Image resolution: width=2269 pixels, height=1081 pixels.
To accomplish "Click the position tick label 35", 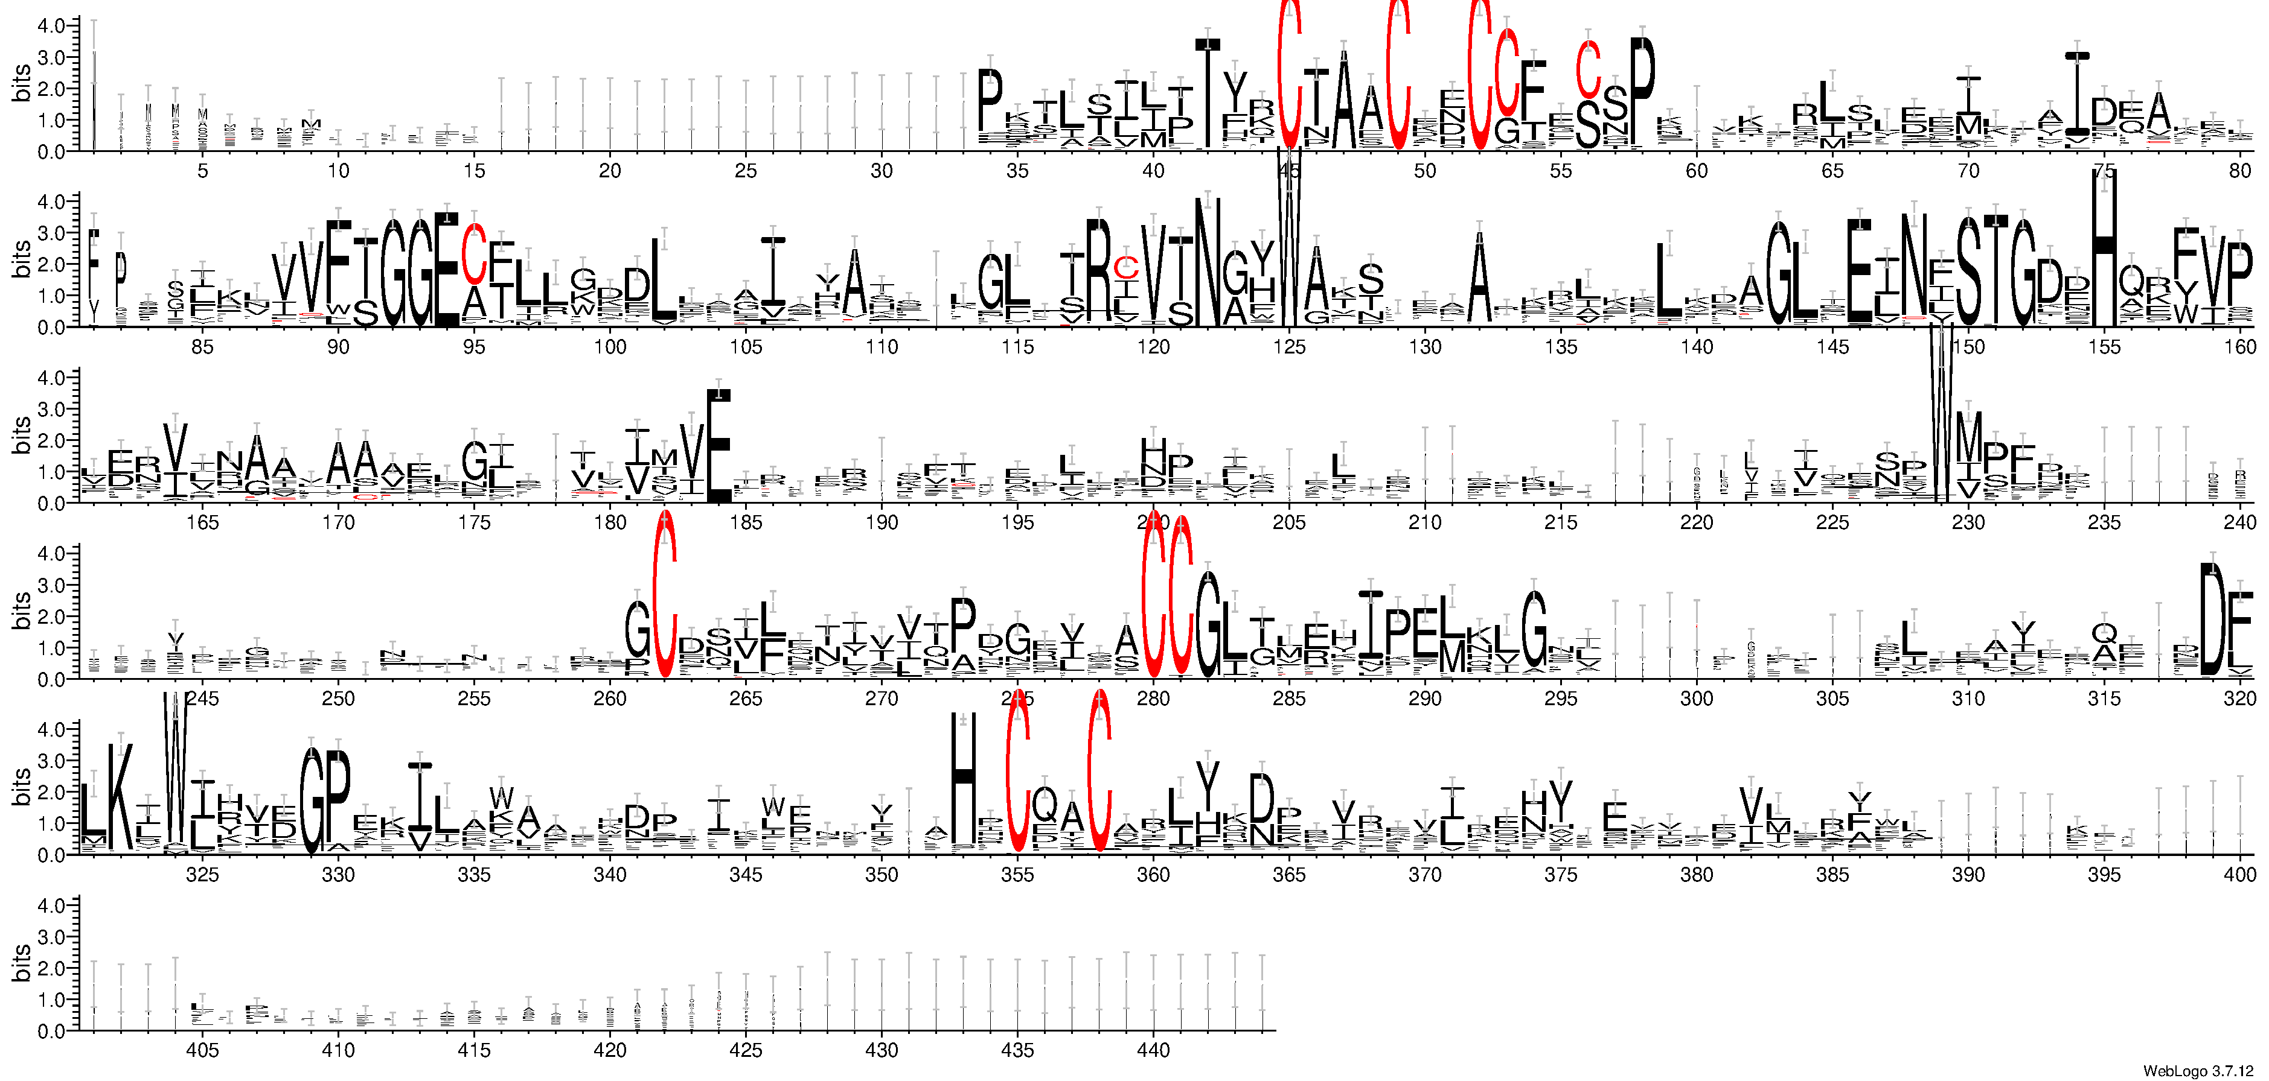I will pos(1017,171).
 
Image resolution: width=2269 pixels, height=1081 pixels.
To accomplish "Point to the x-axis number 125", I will pos(1288,347).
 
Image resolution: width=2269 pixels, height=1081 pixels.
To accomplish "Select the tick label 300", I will pos(1697,699).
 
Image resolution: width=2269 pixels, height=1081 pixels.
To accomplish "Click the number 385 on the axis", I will pos(1832,875).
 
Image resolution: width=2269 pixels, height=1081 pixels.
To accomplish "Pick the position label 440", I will pos(1153,1050).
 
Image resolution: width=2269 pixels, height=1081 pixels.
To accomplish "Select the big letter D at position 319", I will pos(2212,621).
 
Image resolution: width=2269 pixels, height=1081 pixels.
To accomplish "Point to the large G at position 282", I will pos(1209,625).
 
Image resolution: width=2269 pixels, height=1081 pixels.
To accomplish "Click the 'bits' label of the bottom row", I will pos(21,964).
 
